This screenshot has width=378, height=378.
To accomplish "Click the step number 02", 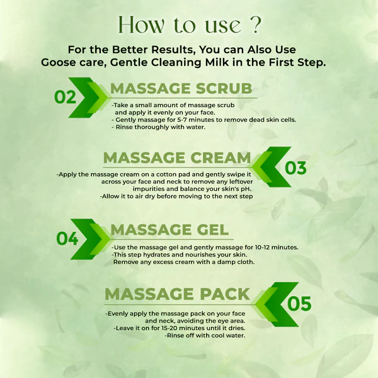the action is [x=65, y=97].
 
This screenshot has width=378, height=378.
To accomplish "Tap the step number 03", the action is [x=295, y=168].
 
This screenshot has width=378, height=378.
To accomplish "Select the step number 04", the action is [x=67, y=239].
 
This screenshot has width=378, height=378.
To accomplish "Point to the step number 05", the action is [x=299, y=304].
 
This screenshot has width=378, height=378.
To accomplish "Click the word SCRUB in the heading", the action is [x=224, y=88].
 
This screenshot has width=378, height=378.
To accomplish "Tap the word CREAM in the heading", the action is [x=220, y=158].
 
